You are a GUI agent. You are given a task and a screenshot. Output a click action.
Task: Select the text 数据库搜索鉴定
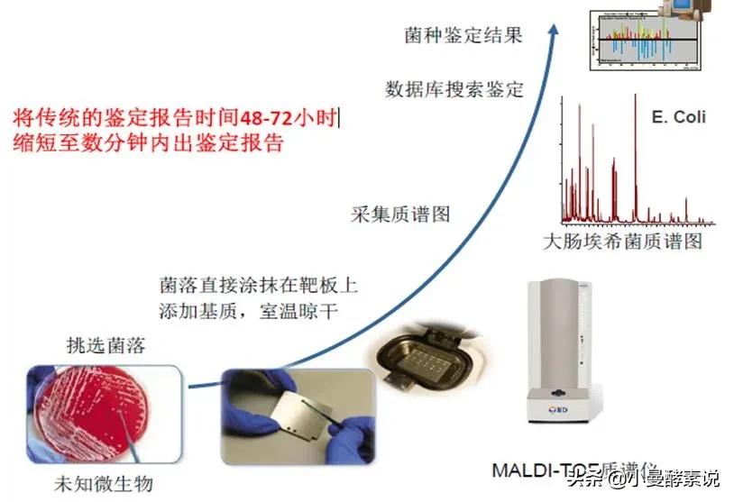click(454, 88)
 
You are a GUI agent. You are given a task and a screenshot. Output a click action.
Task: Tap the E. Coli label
click(678, 118)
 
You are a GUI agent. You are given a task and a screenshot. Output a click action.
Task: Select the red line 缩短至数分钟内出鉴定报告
click(149, 142)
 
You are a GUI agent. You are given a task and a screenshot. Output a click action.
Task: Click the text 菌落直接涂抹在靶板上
click(257, 288)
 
